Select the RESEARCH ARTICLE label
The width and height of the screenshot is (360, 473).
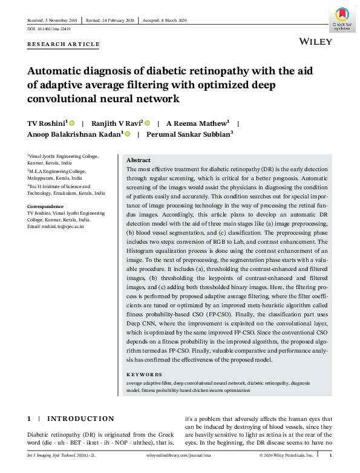tap(63, 45)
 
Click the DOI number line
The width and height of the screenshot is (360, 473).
tap(49, 28)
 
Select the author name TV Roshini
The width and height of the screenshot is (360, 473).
tap(47, 123)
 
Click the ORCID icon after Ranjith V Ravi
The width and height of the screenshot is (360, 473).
tap(148, 123)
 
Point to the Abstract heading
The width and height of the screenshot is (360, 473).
tap(139, 160)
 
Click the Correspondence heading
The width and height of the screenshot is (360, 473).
tap(46, 207)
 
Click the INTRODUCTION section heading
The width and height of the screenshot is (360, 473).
tap(80, 419)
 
